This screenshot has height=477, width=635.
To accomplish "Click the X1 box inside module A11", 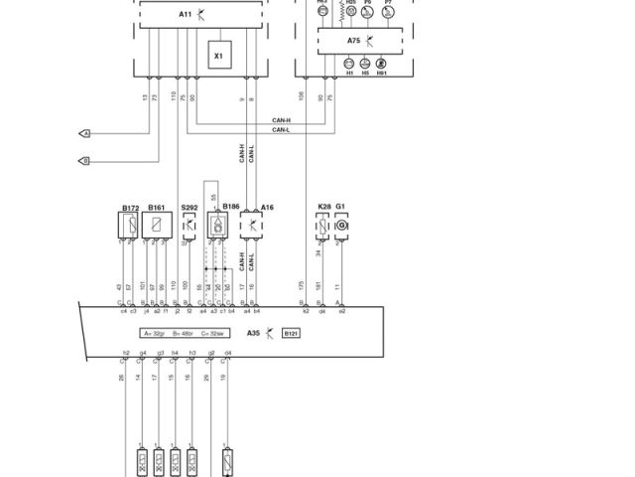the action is [x=218, y=57].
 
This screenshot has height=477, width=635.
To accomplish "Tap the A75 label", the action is [x=354, y=41].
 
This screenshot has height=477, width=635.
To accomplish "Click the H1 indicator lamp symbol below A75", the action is [x=348, y=63].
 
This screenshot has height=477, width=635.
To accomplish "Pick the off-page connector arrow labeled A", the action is [x=84, y=133].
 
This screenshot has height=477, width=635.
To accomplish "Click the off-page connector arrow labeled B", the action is [x=84, y=161].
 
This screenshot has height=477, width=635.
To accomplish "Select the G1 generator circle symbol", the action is [x=341, y=226].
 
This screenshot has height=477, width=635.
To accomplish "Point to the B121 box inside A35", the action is [x=291, y=334].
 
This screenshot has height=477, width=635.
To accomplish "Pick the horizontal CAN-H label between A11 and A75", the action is [x=281, y=120].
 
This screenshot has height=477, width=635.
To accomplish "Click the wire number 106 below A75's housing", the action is [x=302, y=96].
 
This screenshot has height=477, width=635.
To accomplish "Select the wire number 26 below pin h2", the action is [x=122, y=378].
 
